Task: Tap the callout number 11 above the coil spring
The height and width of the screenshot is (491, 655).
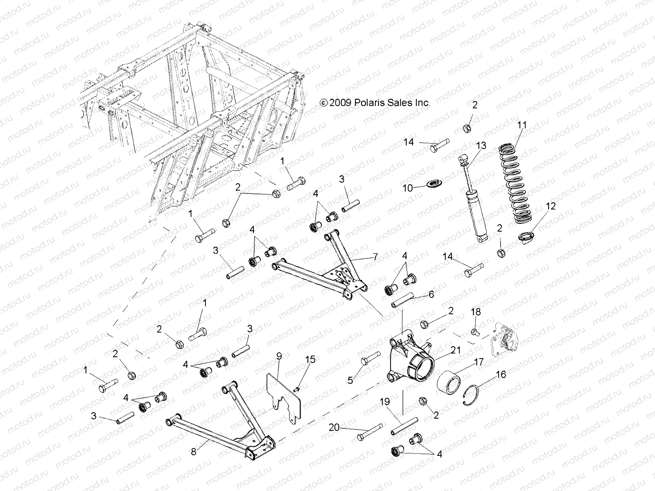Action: [522, 124]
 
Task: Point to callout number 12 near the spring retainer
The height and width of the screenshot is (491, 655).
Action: [551, 206]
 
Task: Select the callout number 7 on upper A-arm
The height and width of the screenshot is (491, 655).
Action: [375, 257]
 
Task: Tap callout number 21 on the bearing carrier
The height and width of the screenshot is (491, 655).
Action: [456, 350]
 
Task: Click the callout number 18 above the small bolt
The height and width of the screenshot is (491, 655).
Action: [475, 312]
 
